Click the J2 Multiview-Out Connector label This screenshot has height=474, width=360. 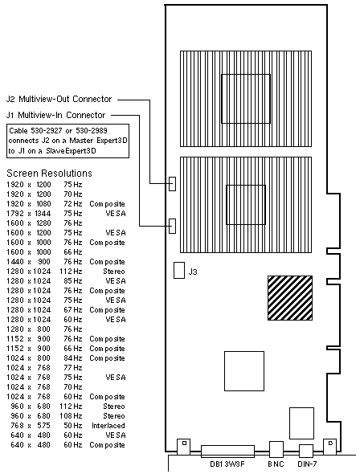pos(59,99)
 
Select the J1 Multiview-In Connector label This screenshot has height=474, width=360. pos(55,115)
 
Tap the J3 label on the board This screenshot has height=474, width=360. pos(193,272)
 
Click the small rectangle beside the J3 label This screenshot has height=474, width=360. pos(179,270)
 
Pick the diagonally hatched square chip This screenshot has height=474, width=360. pos(290,298)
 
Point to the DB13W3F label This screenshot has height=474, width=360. pos(227,464)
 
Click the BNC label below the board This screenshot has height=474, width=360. pos(276,464)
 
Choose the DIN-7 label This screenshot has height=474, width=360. pos(307,464)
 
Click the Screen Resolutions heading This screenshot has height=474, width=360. pos(49,174)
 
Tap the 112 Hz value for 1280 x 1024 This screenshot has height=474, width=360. pos(71,272)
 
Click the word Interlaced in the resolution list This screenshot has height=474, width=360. pos(108,425)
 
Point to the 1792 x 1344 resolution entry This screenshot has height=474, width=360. pos(29,214)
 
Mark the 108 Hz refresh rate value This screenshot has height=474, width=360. pos(71,415)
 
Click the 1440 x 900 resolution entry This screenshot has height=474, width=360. pos(29,261)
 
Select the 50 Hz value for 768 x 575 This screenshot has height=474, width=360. pos(73,425)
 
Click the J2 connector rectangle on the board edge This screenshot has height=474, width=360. pos(172,183)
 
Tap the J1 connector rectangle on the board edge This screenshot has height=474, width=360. pos(172,226)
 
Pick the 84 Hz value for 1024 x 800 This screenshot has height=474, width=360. pos(73,358)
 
